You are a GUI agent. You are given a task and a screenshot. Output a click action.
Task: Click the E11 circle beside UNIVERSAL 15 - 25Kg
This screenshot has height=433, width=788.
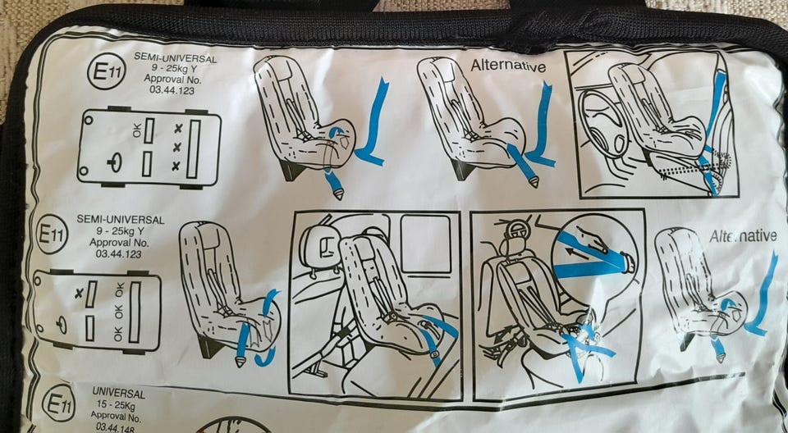point(59,403)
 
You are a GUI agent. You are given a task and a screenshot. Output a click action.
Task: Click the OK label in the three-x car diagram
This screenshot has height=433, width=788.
point(138,131)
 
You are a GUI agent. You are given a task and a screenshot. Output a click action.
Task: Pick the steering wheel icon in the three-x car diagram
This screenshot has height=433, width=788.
point(115,162)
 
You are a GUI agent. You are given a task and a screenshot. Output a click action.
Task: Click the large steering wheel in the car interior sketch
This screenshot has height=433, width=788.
point(602,124)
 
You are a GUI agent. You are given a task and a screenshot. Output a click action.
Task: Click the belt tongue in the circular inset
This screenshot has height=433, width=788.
point(626,263)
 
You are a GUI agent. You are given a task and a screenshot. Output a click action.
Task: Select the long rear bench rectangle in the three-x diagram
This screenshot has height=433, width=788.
point(194,148)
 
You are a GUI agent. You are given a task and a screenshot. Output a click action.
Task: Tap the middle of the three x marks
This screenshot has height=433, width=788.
point(177,147)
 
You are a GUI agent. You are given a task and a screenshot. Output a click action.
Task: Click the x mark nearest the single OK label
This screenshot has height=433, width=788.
point(177,129)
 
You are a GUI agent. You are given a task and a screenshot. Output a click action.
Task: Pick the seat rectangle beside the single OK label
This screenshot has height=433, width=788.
point(149,130)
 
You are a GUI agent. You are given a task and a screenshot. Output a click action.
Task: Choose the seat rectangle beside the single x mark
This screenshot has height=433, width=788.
point(91,294)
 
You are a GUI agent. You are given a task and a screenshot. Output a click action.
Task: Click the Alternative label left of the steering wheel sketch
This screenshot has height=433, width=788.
point(508,66)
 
